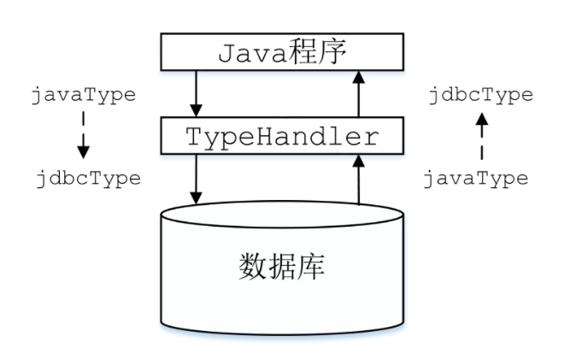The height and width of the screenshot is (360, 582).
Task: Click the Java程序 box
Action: pyautogui.click(x=282, y=53)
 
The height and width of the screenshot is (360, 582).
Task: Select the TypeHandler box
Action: pyautogui.click(x=282, y=135)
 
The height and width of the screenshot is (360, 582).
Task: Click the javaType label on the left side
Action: pyautogui.click(x=83, y=94)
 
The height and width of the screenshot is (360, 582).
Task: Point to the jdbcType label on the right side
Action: pyautogui.click(x=480, y=94)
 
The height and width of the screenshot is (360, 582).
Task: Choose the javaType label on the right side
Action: pyautogui.click(x=476, y=179)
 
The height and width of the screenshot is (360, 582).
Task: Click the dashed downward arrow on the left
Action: pyautogui.click(x=83, y=137)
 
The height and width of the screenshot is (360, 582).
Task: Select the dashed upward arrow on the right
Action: pyautogui.click(x=481, y=137)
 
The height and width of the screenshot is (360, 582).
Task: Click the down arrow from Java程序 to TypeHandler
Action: pyautogui.click(x=197, y=93)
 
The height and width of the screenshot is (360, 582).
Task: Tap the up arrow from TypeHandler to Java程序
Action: pyautogui.click(x=359, y=93)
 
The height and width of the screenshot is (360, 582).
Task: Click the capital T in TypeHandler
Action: pyautogui.click(x=195, y=136)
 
